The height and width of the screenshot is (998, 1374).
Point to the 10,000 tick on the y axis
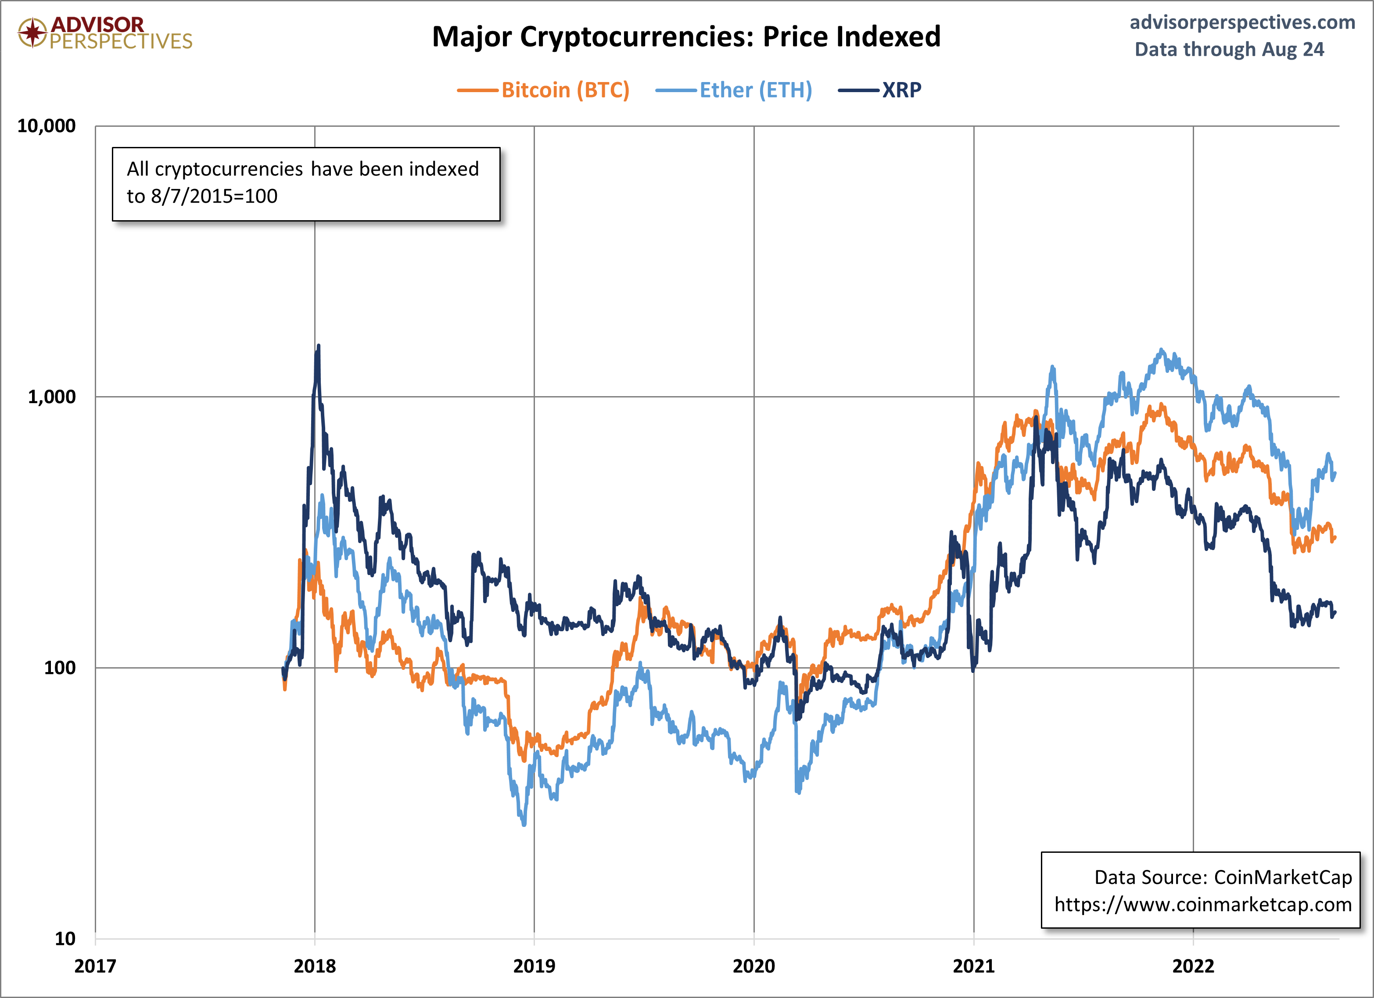coord(47,126)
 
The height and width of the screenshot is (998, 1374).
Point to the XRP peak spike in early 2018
coord(318,347)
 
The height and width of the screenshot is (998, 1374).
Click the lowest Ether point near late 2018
coord(524,823)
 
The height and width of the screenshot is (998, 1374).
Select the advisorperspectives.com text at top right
coord(1242,22)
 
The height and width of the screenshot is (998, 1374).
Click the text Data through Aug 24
coord(1229,49)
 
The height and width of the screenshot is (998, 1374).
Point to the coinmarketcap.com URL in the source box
coord(1202,904)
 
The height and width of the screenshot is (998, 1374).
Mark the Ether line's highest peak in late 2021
coord(1161,350)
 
